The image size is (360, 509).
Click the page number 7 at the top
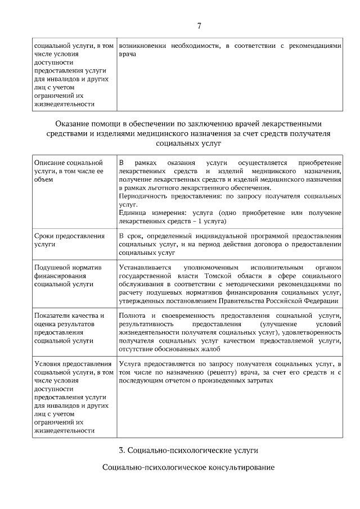pyautogui.click(x=199, y=25)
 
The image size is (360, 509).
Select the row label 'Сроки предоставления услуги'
pyautogui.click(x=70, y=240)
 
